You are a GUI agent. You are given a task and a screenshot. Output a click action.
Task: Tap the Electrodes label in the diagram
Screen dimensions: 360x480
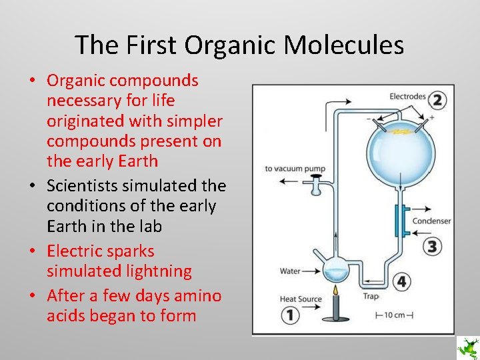(x=407, y=97)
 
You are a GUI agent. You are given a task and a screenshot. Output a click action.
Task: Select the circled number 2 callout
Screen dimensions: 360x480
(x=437, y=101)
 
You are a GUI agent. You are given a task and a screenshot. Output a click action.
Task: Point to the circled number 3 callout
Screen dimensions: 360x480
(x=433, y=247)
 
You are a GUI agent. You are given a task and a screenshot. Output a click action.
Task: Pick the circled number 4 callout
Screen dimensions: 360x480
(x=401, y=282)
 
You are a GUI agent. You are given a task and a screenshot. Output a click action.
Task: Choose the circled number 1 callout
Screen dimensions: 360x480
(x=289, y=314)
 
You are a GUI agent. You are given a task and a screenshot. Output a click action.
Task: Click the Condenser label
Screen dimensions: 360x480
(x=431, y=221)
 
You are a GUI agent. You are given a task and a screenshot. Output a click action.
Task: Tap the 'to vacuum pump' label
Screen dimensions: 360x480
(x=295, y=169)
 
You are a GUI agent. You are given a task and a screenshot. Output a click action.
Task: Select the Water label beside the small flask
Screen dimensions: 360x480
(x=290, y=271)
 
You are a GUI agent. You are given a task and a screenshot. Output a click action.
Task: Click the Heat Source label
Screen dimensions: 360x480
(x=301, y=299)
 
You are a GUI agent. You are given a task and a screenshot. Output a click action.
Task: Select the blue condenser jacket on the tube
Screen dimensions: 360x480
(x=397, y=221)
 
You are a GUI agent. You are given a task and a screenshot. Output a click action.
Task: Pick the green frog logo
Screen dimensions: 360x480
(x=467, y=347)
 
